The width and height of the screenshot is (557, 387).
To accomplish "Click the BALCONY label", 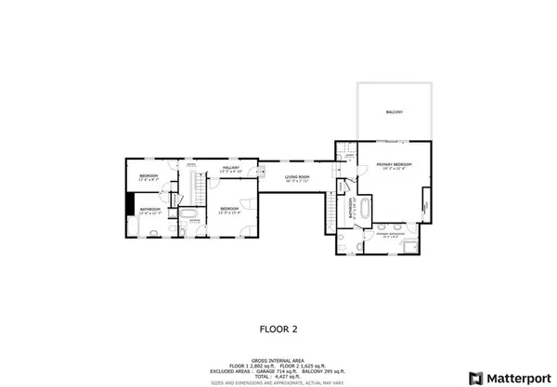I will pos(395,111).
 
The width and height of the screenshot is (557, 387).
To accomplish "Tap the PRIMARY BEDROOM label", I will pos(394,164).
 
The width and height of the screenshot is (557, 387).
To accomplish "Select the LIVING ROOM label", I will pos(297,175).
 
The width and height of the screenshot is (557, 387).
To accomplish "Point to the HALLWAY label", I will pos(230,168).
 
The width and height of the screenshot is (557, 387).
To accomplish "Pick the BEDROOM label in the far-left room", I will pos(149,175).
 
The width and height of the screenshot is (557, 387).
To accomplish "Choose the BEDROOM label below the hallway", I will pos(228,209).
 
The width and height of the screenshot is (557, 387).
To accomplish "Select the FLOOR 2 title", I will pos(278,328).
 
